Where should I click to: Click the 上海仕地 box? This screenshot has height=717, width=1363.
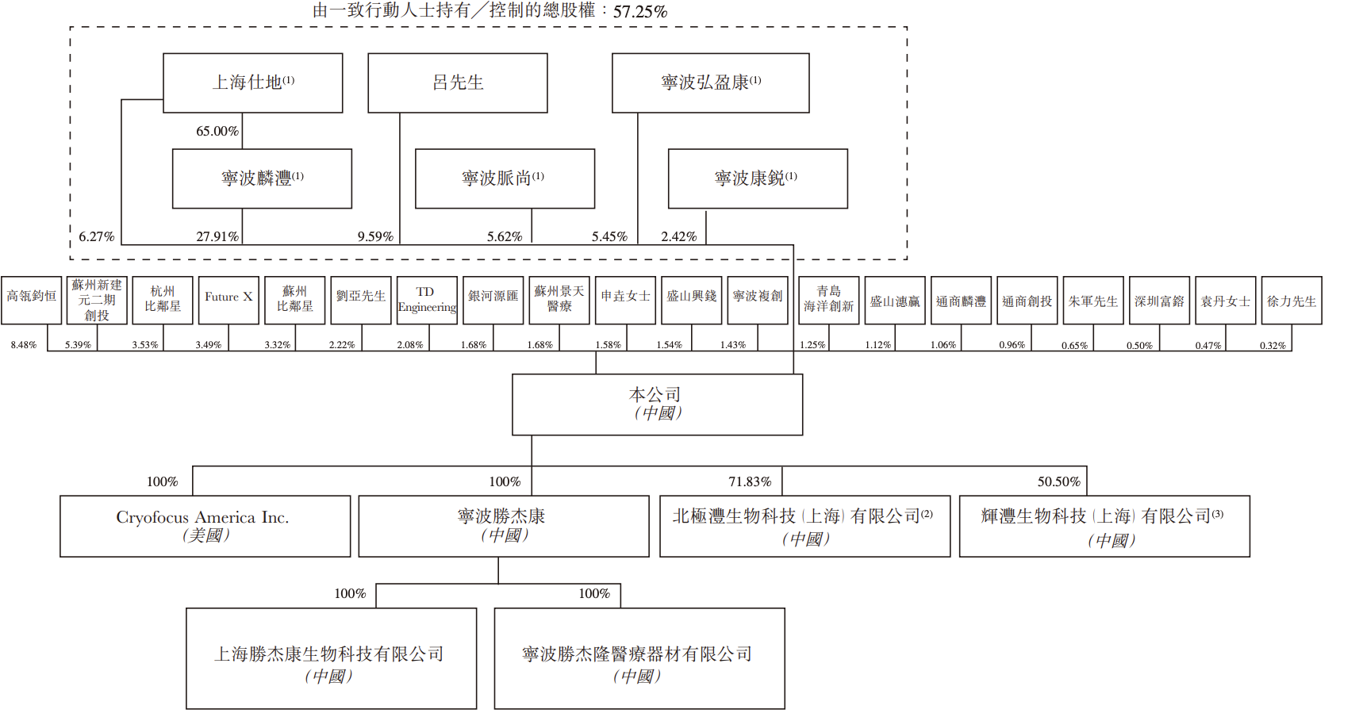(x=253, y=83)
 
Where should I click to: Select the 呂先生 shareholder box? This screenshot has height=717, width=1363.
(x=458, y=83)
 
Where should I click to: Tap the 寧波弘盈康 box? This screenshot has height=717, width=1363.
(x=711, y=83)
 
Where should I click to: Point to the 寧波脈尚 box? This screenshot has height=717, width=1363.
(x=505, y=179)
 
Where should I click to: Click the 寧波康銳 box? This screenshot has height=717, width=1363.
(x=758, y=179)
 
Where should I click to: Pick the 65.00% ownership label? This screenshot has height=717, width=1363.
(x=217, y=131)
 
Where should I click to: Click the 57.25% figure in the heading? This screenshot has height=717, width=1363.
(x=640, y=12)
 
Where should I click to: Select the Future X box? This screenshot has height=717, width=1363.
(x=228, y=300)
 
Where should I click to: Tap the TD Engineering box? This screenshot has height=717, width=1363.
(x=427, y=300)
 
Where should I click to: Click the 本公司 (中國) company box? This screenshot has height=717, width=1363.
(x=657, y=405)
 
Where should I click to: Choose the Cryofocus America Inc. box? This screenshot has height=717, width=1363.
(x=205, y=527)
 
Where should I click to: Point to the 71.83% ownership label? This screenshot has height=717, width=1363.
(x=750, y=481)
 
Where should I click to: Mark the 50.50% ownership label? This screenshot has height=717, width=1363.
(x=1058, y=481)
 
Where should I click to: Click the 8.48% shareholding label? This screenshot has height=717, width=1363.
(x=24, y=345)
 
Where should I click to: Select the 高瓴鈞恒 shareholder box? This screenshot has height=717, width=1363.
(x=32, y=300)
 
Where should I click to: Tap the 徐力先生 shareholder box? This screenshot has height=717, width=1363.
(x=1292, y=301)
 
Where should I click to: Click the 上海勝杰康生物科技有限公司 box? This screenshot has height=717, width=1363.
(x=331, y=658)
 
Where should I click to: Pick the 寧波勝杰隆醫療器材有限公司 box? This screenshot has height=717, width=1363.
(x=639, y=658)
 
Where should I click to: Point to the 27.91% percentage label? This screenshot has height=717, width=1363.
(x=217, y=236)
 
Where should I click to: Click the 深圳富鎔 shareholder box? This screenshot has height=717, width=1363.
(x=1159, y=301)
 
